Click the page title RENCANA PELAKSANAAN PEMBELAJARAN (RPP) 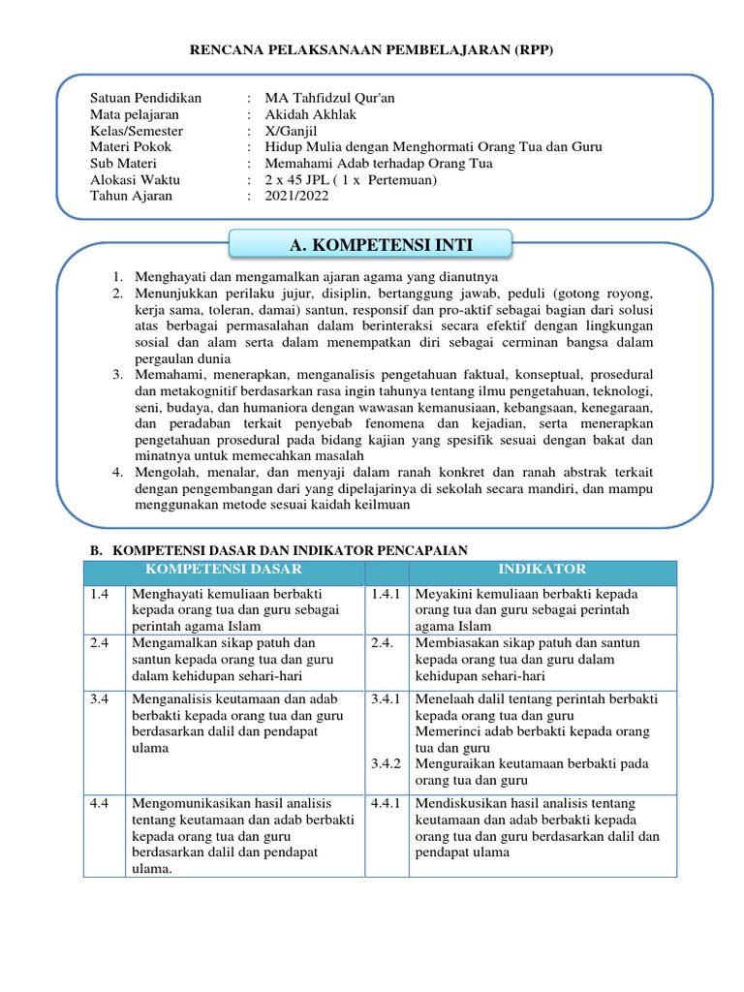click(371, 50)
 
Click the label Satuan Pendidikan click(145, 98)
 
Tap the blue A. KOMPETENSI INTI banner click(381, 245)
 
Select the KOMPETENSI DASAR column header click(223, 569)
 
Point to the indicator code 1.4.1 click(386, 593)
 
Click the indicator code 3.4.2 click(386, 764)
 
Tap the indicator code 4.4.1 click(386, 803)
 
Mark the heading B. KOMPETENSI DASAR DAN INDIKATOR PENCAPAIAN click(278, 549)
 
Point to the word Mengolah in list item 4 click(161, 472)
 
